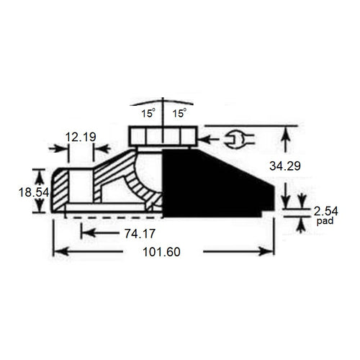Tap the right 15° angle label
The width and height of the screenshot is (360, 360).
click(x=180, y=113)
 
